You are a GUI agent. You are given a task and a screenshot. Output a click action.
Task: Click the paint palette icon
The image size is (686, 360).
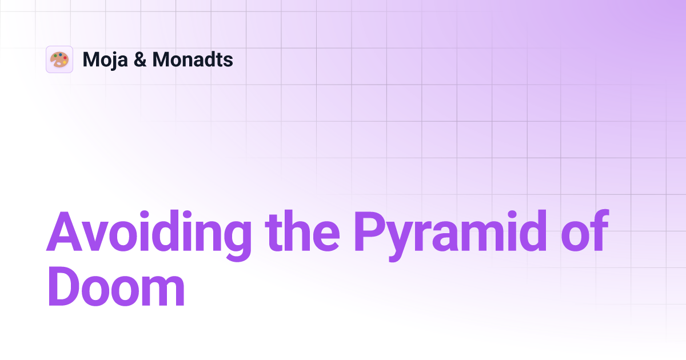click(x=59, y=59)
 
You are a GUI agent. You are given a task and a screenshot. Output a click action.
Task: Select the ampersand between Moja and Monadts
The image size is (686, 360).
click(x=139, y=60)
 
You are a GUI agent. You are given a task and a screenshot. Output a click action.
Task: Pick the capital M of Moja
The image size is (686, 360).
click(x=90, y=60)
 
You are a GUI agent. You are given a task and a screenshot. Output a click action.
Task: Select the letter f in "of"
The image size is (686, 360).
click(x=597, y=232)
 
